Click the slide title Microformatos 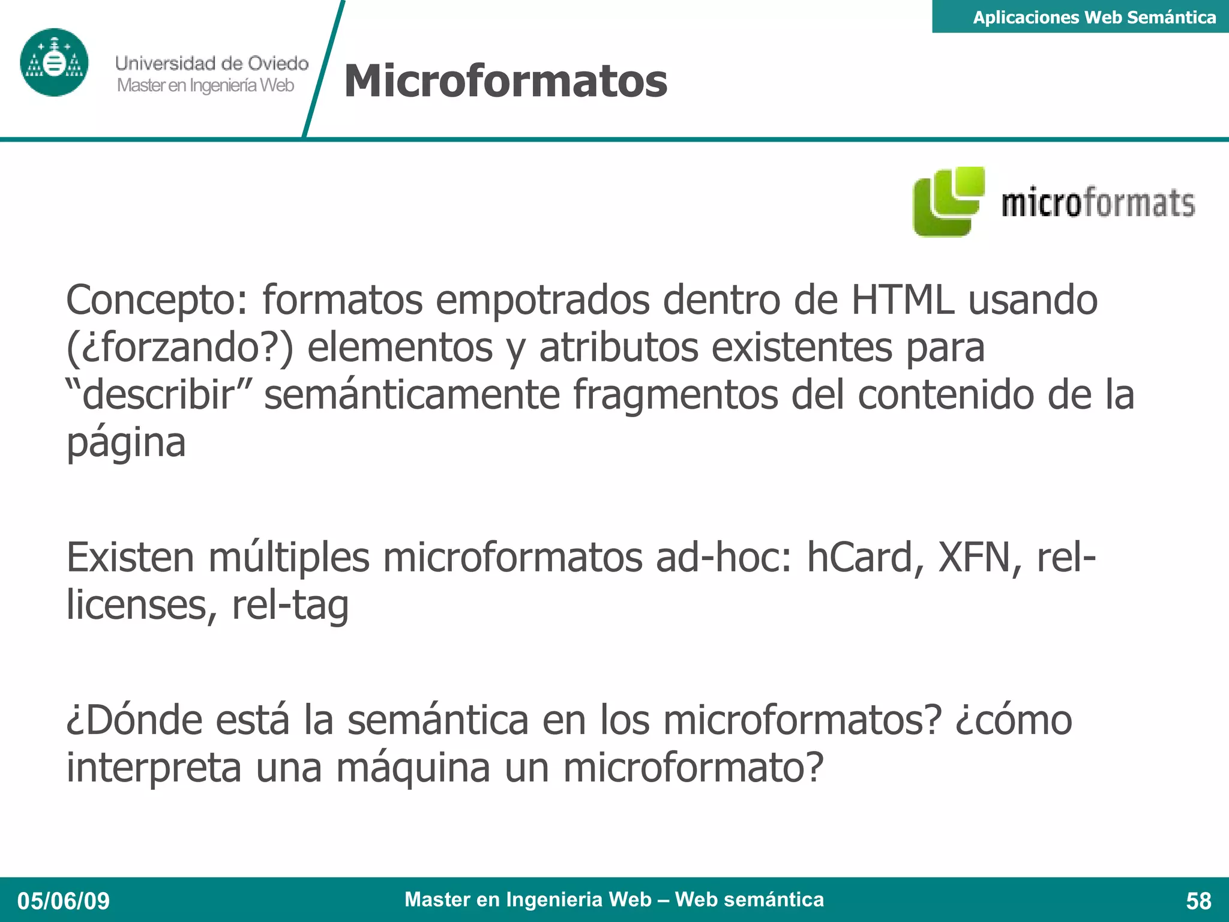[x=505, y=81]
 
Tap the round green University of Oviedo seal [x=54, y=62]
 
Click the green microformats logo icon [x=948, y=202]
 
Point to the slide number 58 [x=1198, y=901]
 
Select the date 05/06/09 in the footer [x=64, y=901]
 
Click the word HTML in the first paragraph [x=902, y=300]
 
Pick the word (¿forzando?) [x=179, y=348]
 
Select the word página [x=126, y=444]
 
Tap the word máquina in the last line [x=413, y=768]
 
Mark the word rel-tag [x=290, y=605]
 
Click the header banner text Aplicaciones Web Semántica [x=1094, y=17]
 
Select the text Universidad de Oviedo [x=212, y=63]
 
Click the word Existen [x=130, y=557]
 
